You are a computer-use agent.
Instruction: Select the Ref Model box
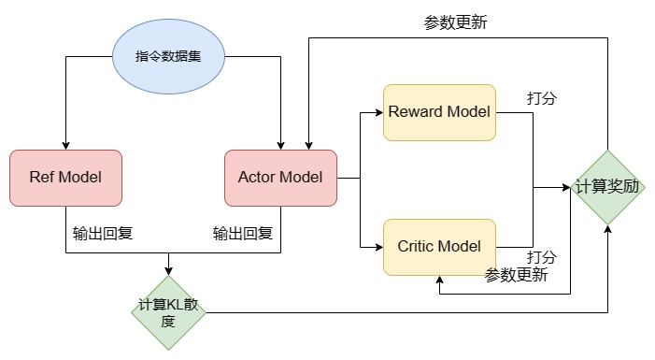click(65, 178)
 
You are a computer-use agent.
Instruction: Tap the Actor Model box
click(280, 178)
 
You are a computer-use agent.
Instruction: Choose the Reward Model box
click(439, 112)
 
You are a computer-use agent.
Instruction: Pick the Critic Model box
click(439, 247)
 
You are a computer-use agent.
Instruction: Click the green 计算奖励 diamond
click(608, 186)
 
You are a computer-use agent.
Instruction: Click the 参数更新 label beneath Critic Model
click(516, 275)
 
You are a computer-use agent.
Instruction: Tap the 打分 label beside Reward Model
click(542, 97)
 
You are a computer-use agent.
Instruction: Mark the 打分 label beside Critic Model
click(542, 257)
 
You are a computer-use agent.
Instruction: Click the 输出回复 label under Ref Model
click(102, 233)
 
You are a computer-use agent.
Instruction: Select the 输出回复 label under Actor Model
click(242, 233)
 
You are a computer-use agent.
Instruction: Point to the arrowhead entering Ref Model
click(65, 144)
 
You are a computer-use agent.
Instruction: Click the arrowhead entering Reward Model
click(378, 112)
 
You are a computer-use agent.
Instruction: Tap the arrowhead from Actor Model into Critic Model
click(378, 247)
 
